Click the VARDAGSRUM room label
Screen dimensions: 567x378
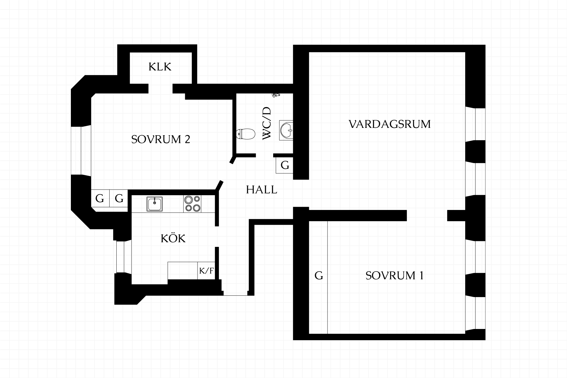(x=390, y=124)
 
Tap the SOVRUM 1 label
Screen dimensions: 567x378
(x=395, y=276)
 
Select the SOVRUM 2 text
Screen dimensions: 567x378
(x=161, y=139)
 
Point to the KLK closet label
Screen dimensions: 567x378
(x=160, y=67)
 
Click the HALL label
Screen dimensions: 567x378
(x=262, y=190)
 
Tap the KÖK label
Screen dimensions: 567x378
(x=173, y=238)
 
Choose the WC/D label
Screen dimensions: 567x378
(x=267, y=123)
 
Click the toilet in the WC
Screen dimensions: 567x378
(x=246, y=134)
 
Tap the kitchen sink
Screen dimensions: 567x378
(x=154, y=204)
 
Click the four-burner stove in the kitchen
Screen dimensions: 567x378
(x=192, y=204)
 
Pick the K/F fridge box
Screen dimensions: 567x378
(x=206, y=271)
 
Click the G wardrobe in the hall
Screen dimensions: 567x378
(x=284, y=165)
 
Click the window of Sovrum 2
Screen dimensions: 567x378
(x=81, y=151)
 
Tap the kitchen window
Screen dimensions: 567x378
(x=123, y=257)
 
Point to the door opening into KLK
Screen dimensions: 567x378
(x=160, y=89)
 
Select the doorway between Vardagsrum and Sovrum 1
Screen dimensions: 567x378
(x=427, y=216)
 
